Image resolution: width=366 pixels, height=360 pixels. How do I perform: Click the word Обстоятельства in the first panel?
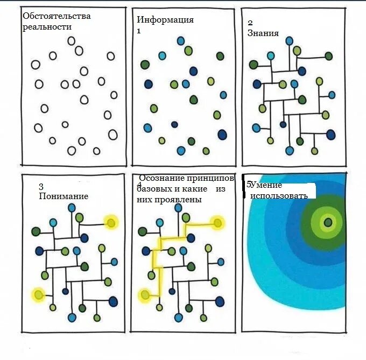pyautogui.click(x=57, y=16)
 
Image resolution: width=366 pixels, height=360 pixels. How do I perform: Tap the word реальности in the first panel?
pyautogui.click(x=47, y=27)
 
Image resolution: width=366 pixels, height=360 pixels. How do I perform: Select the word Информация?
pyautogui.click(x=165, y=20)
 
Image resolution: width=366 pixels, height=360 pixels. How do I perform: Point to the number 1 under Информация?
pyautogui.click(x=139, y=31)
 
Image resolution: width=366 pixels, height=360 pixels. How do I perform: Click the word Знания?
pyautogui.click(x=263, y=33)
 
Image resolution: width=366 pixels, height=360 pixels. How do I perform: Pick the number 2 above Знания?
pyautogui.click(x=250, y=23)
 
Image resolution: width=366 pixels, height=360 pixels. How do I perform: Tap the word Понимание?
pyautogui.click(x=64, y=196)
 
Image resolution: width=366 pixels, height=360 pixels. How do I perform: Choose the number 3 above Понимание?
pyautogui.click(x=41, y=187)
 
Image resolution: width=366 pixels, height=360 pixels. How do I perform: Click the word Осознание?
pyautogui.click(x=157, y=178)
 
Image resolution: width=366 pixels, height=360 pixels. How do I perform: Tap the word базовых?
pyautogui.click(x=153, y=189)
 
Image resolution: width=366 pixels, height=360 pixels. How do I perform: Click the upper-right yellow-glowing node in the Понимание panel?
pyautogui.click(x=111, y=222)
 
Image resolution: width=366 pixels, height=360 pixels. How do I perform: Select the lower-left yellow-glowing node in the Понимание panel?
pyautogui.click(x=38, y=294)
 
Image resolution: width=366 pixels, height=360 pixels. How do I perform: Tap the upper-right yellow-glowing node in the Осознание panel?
pyautogui.click(x=217, y=222)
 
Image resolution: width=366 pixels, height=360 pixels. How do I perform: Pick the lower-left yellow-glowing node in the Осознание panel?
pyautogui.click(x=144, y=294)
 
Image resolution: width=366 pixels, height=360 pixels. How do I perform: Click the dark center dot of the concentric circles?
pyautogui.click(x=327, y=222)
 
